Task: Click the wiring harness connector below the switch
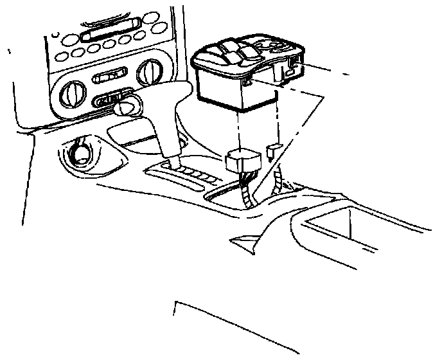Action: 243,161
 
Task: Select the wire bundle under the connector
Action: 247,190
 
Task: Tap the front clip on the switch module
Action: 247,82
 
